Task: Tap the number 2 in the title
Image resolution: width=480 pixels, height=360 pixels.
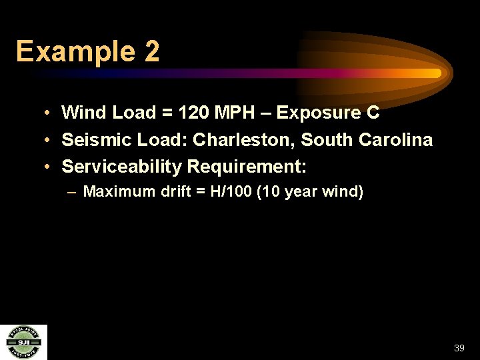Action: tap(151, 51)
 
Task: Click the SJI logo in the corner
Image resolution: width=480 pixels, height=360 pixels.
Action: tap(23, 342)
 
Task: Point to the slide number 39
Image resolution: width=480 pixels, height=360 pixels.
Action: tap(459, 348)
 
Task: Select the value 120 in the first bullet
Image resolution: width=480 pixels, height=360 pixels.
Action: tap(193, 113)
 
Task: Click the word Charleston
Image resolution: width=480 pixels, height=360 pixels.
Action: tap(244, 140)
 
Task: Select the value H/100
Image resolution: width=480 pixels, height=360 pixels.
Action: tap(232, 192)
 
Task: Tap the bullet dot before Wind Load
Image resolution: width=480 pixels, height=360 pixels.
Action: tap(49, 113)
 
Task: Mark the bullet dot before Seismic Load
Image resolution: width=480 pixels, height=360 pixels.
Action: tap(49, 140)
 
